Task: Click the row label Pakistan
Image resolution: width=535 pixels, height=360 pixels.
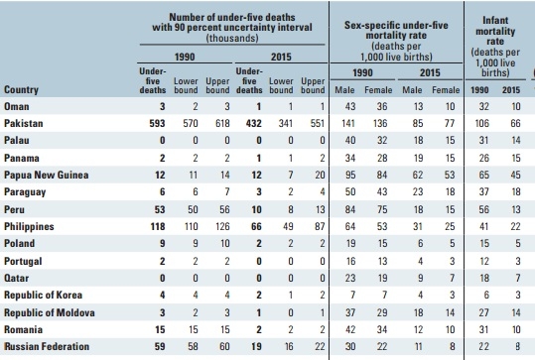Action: coord(24,123)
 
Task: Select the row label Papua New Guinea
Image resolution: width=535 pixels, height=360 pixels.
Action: coord(47,175)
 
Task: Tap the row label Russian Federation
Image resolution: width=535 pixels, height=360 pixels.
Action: coord(47,346)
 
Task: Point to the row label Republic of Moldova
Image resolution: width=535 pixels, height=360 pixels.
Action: coord(50,312)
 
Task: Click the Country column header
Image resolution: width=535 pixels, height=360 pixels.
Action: coord(21,89)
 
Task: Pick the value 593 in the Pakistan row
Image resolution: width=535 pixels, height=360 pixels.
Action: coord(157,123)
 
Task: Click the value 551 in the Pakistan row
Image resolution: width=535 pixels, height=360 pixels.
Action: coord(318,123)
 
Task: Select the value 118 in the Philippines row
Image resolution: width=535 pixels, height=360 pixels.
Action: coord(158,226)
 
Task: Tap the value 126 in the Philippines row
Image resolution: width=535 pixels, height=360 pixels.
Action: coord(222,226)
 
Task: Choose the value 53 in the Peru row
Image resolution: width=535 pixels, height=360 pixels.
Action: coord(160,209)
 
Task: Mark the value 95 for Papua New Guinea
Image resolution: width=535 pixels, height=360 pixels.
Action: coord(350,175)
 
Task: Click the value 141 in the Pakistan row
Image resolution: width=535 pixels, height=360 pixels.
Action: coord(348,123)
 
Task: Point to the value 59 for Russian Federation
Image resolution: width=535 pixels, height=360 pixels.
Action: coord(160,346)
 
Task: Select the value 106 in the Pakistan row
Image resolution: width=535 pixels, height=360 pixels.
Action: coord(482,123)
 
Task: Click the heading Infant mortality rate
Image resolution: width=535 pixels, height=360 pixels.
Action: coord(495,31)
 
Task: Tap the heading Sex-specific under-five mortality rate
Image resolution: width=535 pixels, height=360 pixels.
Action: coord(396,30)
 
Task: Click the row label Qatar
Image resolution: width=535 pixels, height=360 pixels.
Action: coord(16,278)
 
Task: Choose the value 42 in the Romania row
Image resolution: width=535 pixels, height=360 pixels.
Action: coord(350,329)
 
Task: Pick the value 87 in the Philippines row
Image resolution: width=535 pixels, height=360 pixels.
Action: coord(320,226)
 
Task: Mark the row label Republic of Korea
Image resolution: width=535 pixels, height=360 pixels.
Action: coord(44,296)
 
